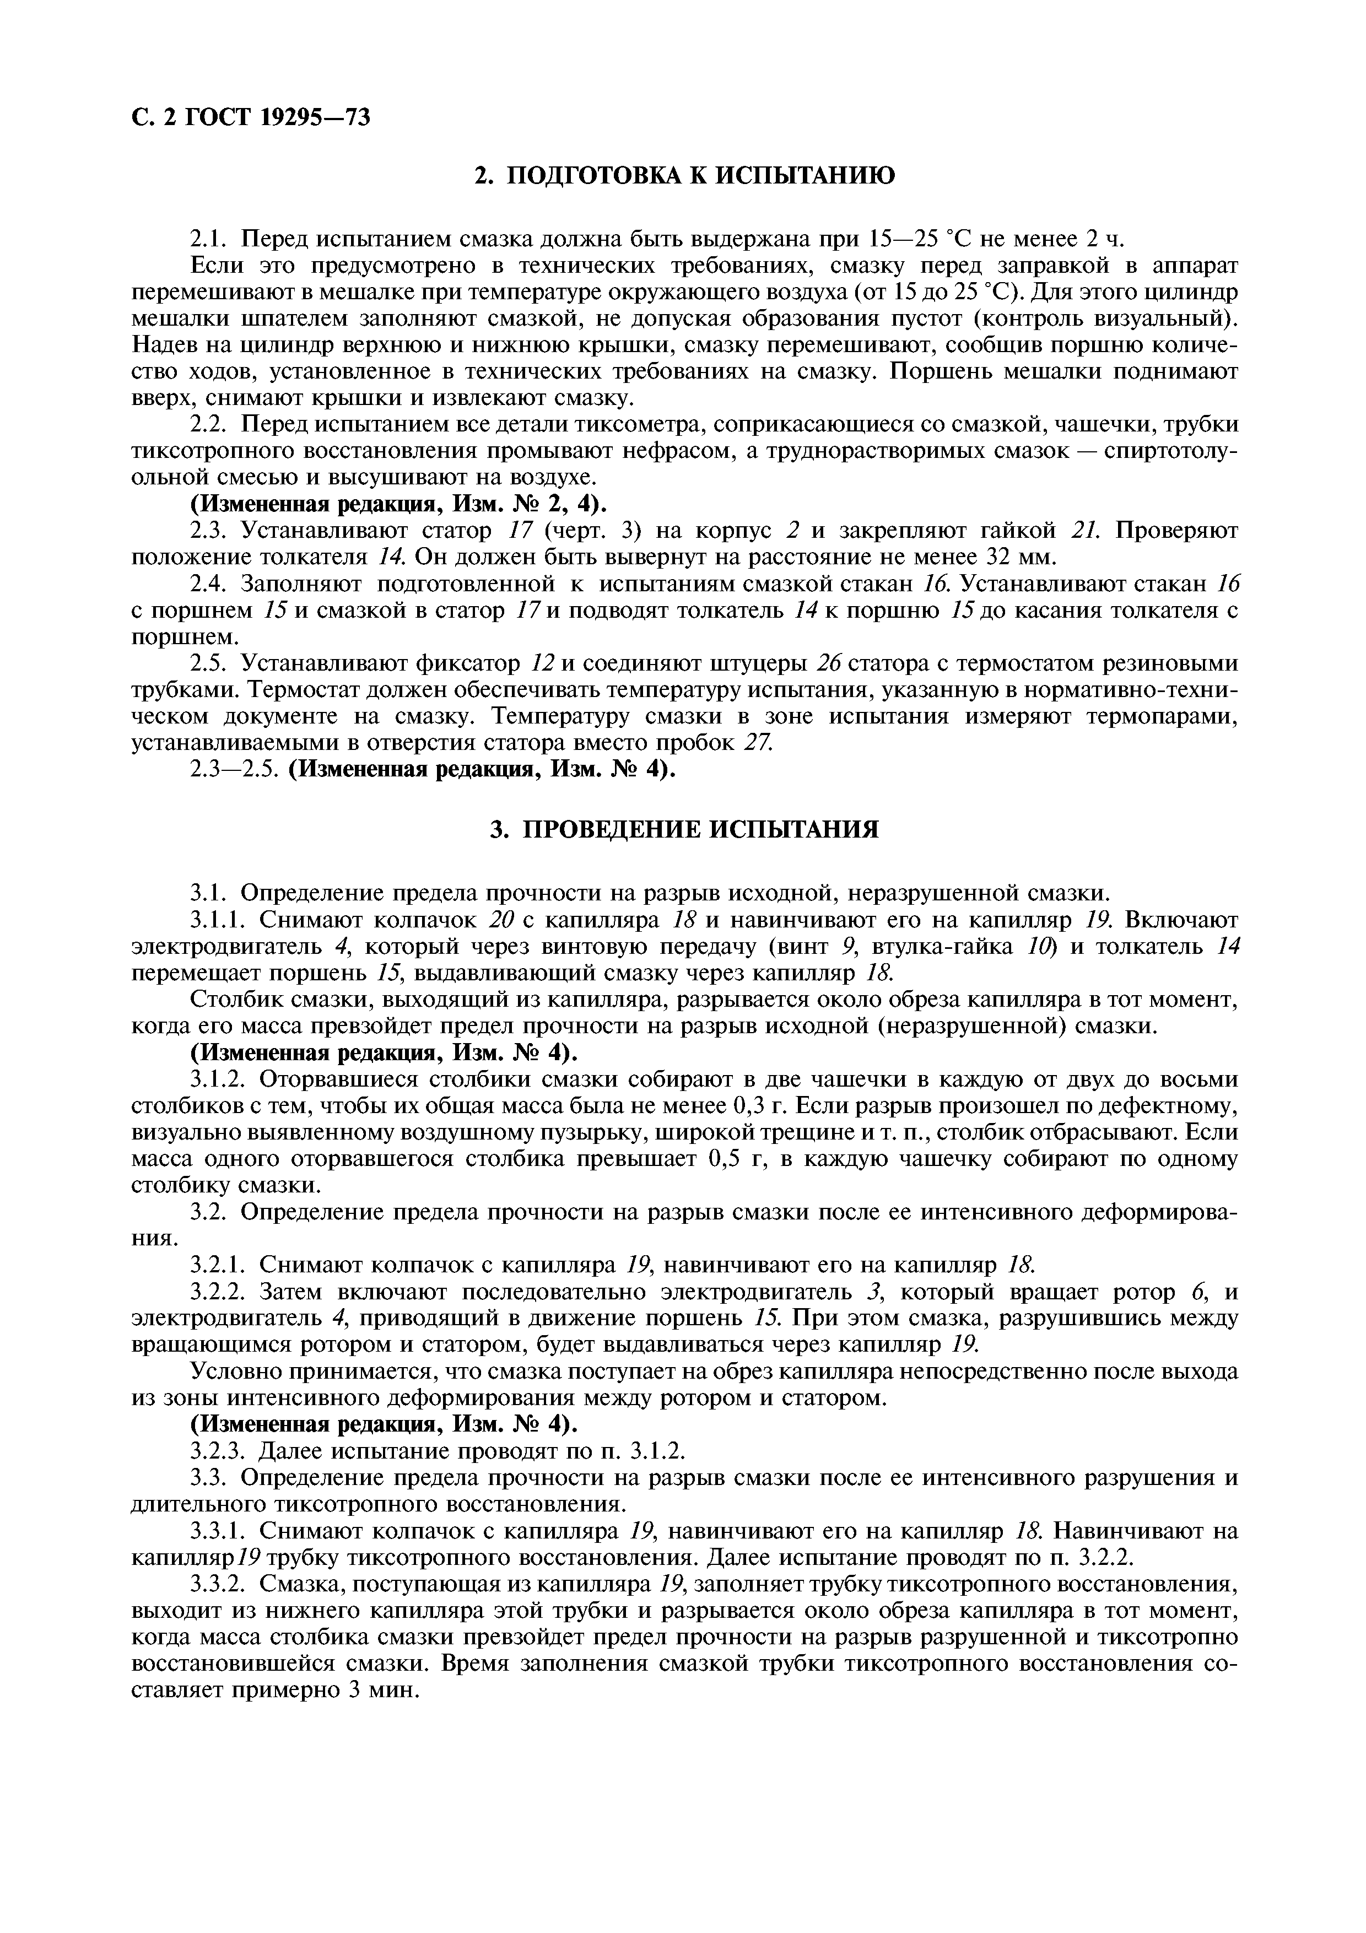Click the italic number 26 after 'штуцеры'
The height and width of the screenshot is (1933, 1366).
point(829,664)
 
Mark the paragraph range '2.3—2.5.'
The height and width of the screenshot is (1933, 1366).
point(234,770)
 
